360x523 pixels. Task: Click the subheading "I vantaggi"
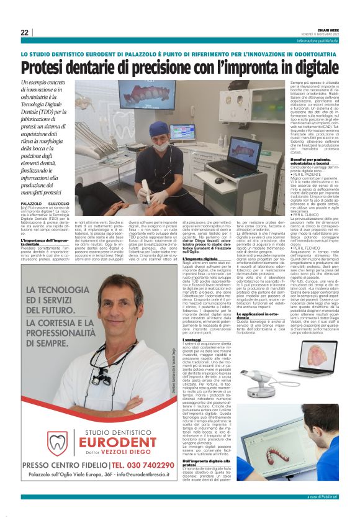click(x=192, y=339)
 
